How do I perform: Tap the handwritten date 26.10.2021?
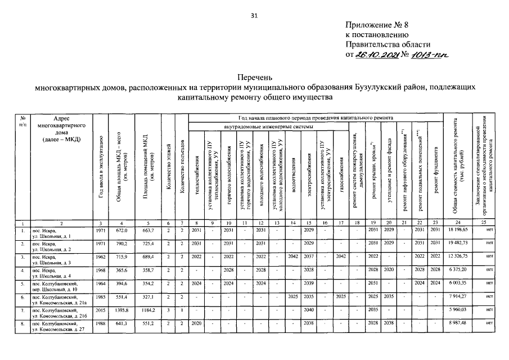click(377, 55)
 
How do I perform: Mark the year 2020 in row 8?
click(196, 323)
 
